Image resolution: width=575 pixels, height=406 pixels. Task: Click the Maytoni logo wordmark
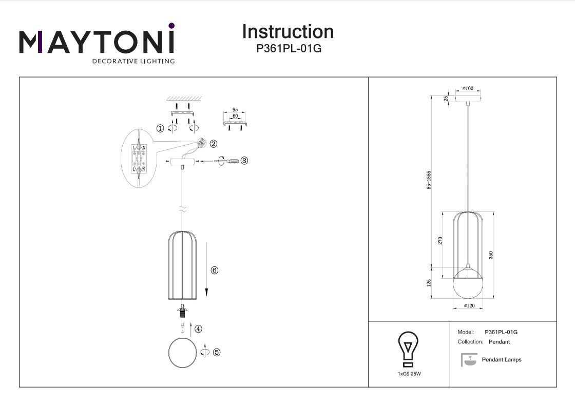point(97,42)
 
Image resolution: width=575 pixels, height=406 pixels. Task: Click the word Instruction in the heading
point(287,32)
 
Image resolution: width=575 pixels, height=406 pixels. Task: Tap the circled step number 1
point(160,129)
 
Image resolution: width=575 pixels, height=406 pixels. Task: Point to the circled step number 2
point(214,144)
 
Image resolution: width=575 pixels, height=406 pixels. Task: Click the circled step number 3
point(244,161)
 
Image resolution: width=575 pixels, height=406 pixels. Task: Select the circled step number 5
point(217,352)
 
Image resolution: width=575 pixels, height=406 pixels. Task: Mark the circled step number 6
point(215,270)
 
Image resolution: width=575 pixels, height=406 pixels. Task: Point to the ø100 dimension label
point(468,89)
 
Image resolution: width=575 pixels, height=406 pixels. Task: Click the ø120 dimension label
point(468,306)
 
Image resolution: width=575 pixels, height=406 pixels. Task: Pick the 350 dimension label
point(491,254)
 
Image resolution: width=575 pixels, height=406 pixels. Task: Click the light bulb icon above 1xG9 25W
point(409,346)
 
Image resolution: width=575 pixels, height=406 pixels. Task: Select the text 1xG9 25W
point(409,374)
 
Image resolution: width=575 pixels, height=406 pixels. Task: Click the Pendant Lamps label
point(501,360)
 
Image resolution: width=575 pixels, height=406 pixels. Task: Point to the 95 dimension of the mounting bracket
point(235,110)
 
